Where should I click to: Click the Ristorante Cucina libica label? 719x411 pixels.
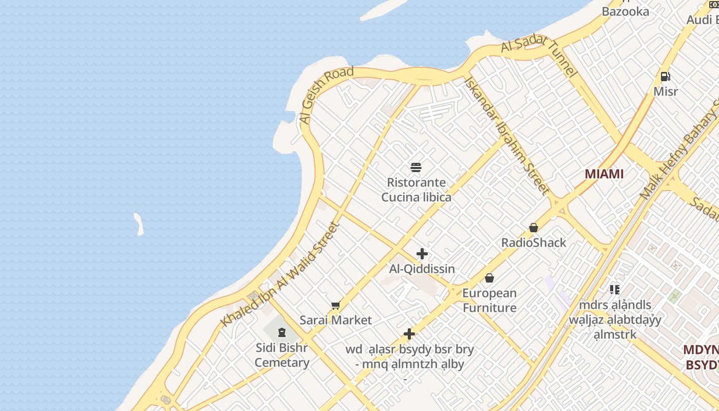(x=417, y=190)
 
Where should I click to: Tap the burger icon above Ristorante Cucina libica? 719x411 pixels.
(x=417, y=167)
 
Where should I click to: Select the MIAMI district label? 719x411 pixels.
(x=604, y=174)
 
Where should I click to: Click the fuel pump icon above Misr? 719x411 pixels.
(x=666, y=77)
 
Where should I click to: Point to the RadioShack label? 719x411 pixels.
(x=534, y=242)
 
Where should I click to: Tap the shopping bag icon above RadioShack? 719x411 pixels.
(x=534, y=228)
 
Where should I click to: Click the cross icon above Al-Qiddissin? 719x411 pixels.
(x=422, y=254)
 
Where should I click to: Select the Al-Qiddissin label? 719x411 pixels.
(x=422, y=269)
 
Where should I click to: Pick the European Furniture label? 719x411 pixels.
(x=489, y=301)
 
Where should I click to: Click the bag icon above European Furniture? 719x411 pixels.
(x=489, y=278)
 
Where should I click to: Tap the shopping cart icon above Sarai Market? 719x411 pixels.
(x=336, y=306)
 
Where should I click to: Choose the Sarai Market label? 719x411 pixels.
(x=336, y=320)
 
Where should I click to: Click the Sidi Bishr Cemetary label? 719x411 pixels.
(x=282, y=355)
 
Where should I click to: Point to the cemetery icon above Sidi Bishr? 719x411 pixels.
(x=282, y=333)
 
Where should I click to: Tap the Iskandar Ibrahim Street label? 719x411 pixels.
(x=506, y=136)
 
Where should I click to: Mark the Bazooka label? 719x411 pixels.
(x=626, y=11)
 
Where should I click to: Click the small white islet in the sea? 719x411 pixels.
(x=139, y=225)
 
